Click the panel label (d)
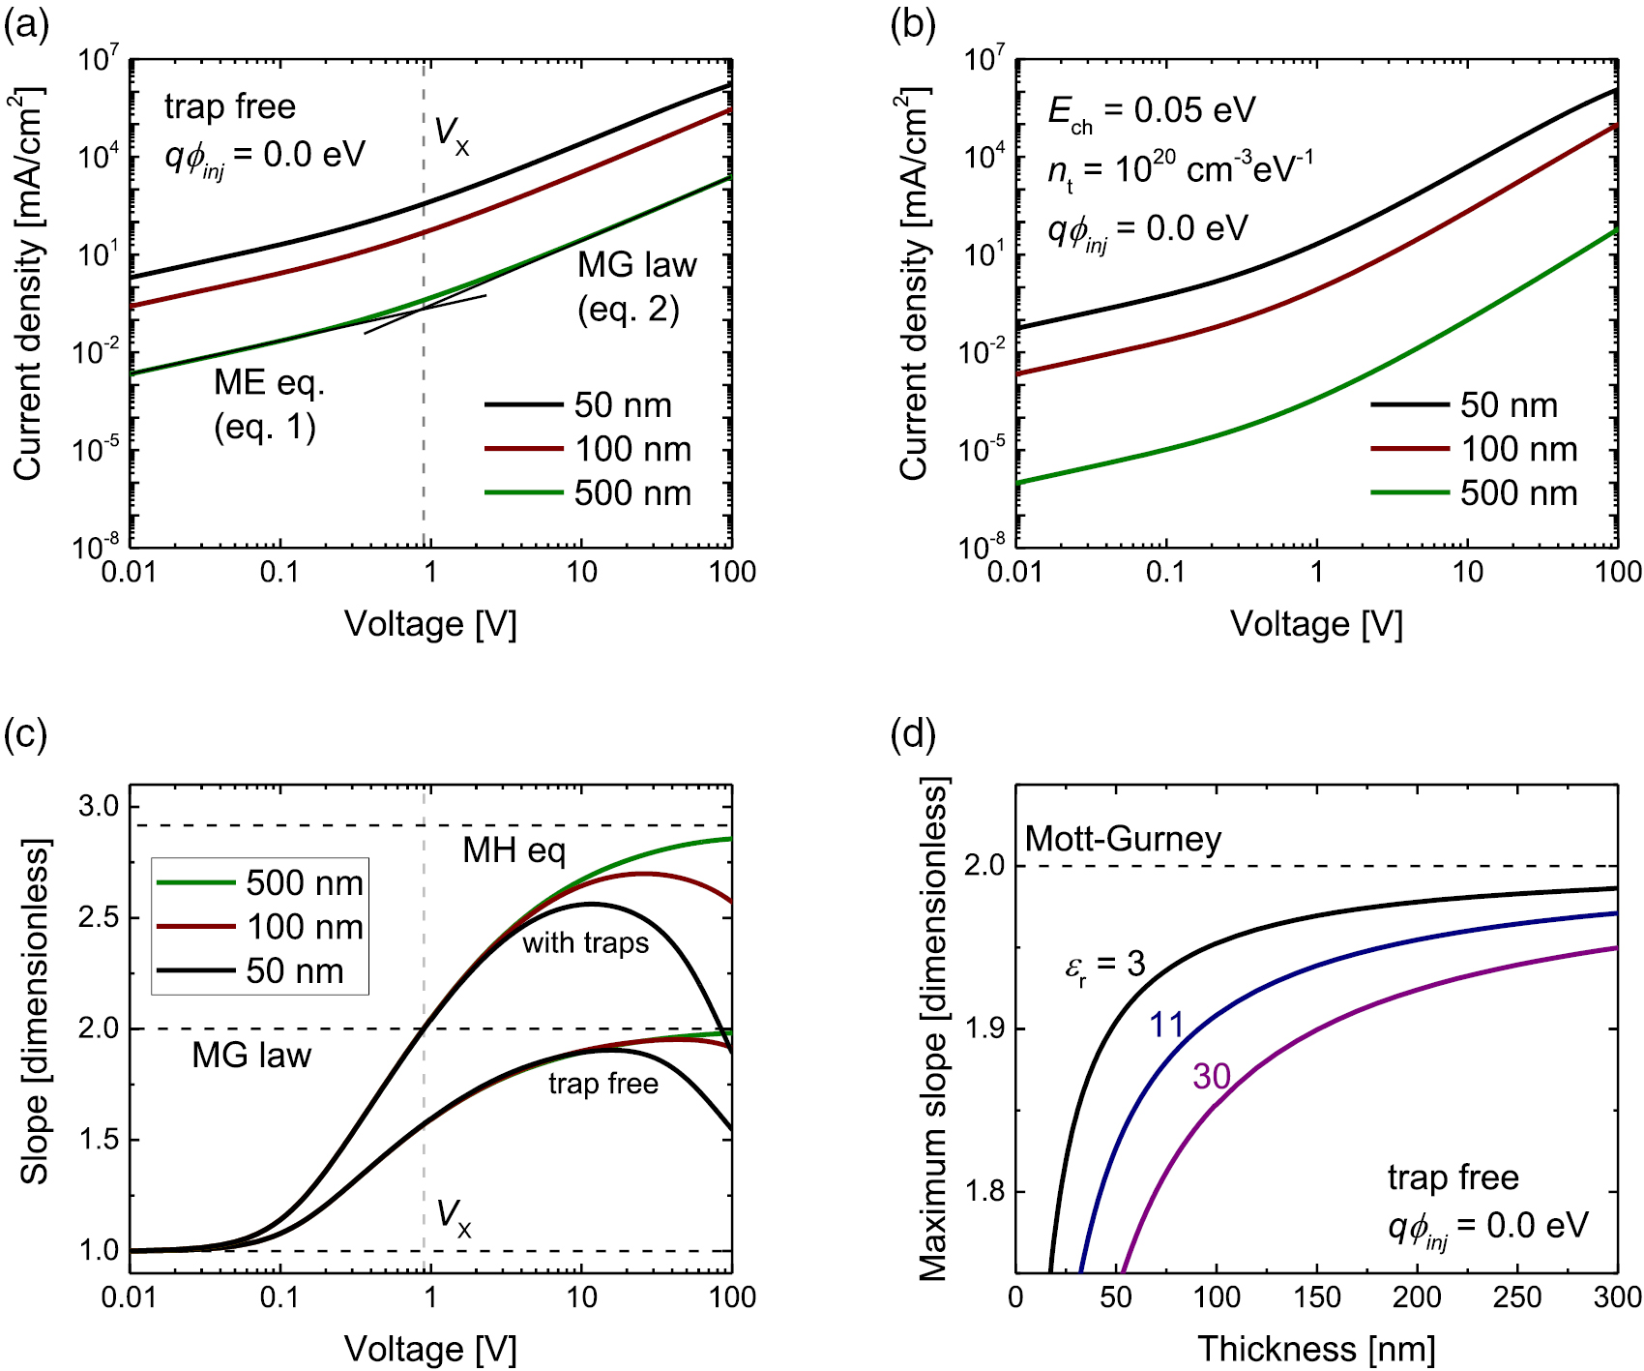tap(912, 734)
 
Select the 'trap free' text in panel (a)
tap(230, 106)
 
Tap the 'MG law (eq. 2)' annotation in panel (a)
tap(636, 286)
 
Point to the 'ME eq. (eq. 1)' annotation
tap(268, 404)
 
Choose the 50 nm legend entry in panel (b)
tap(1464, 405)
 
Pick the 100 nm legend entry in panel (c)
tap(260, 927)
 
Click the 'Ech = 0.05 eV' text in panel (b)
tap(1151, 111)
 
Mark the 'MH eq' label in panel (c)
tap(514, 850)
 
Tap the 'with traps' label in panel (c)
tap(585, 942)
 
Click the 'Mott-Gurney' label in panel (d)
tap(1123, 838)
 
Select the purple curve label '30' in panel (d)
tap(1211, 1077)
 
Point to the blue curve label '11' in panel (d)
tap(1166, 1025)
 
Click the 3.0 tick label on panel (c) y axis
tap(98, 806)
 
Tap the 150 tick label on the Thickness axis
tap(1316, 1296)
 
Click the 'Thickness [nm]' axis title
tap(1316, 1349)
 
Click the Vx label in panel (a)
tap(452, 135)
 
